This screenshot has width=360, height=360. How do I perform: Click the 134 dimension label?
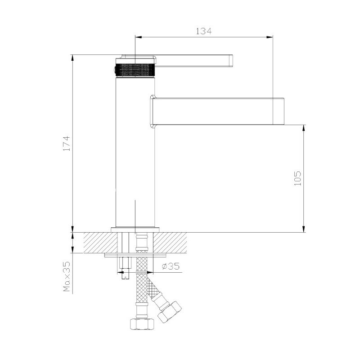click(204, 31)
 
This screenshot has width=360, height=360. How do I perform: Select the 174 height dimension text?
click(67, 144)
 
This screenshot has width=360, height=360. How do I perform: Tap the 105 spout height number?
click(297, 178)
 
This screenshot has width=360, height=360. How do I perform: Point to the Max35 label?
click(67, 277)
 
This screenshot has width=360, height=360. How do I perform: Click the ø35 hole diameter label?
click(171, 266)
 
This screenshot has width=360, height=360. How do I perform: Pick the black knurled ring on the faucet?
click(135, 70)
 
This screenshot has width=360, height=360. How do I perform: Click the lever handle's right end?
click(231, 61)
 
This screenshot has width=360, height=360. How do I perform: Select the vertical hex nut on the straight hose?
click(142, 324)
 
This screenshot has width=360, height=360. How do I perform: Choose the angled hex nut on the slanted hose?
click(170, 312)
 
